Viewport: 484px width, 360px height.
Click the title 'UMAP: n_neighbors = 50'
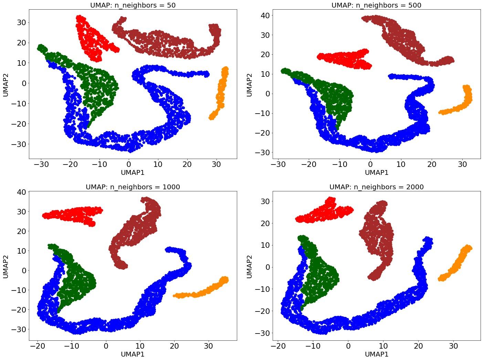(x=133, y=5)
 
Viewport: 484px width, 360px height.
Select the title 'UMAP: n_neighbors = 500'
(x=376, y=5)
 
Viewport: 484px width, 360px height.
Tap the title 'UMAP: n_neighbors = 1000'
(x=133, y=187)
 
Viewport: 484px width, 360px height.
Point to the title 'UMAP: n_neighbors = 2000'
(x=376, y=187)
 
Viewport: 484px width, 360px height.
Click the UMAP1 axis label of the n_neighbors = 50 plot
(x=133, y=172)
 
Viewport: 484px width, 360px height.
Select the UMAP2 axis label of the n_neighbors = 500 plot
(x=250, y=84)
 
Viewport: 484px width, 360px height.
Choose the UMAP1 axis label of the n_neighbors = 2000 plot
(x=376, y=354)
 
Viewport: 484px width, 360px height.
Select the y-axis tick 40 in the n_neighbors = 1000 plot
(x=20, y=192)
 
